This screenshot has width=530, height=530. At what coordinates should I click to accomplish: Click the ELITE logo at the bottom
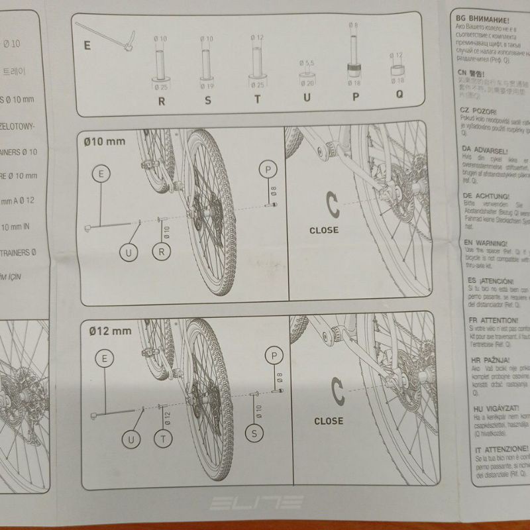click(256, 504)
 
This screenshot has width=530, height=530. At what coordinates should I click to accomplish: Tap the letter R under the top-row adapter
click(161, 101)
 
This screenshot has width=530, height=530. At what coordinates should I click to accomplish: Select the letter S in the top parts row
click(208, 101)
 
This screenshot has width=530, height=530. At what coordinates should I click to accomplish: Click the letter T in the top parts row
click(257, 101)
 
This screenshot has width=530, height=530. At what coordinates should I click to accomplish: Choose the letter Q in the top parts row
click(399, 94)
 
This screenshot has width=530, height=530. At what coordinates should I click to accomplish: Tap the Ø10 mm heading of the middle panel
click(105, 140)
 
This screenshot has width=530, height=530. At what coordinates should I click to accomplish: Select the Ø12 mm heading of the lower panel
click(107, 329)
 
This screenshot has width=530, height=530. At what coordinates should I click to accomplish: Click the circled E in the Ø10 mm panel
click(101, 174)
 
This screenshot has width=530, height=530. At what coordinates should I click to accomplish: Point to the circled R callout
click(161, 251)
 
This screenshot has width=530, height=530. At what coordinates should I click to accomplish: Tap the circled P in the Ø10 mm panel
click(268, 170)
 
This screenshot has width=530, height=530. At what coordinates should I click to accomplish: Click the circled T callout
click(162, 438)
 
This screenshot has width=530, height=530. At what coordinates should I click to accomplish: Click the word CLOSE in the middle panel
click(324, 230)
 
